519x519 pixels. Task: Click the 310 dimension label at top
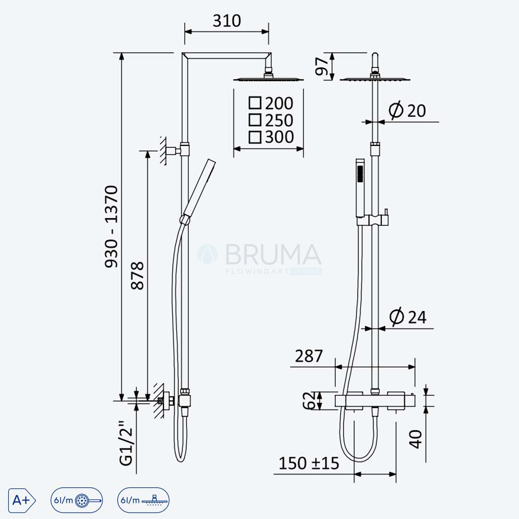tap(227, 21)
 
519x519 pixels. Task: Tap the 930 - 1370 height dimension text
tap(111, 227)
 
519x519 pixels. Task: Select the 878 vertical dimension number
tap(138, 276)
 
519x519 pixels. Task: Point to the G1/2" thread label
tap(126, 443)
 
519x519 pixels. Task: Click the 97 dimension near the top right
tap(321, 66)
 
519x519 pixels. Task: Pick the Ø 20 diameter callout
tap(407, 110)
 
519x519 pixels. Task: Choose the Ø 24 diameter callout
tap(408, 317)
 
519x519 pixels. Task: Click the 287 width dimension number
tap(308, 356)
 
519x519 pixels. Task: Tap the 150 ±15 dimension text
tap(309, 463)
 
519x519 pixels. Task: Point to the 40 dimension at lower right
tap(416, 439)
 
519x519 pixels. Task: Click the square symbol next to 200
tap(255, 103)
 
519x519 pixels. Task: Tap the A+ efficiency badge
tap(22, 500)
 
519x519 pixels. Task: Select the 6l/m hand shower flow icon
tap(76, 500)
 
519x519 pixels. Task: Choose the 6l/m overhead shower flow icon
tap(143, 500)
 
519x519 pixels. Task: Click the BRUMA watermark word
tap(273, 254)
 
